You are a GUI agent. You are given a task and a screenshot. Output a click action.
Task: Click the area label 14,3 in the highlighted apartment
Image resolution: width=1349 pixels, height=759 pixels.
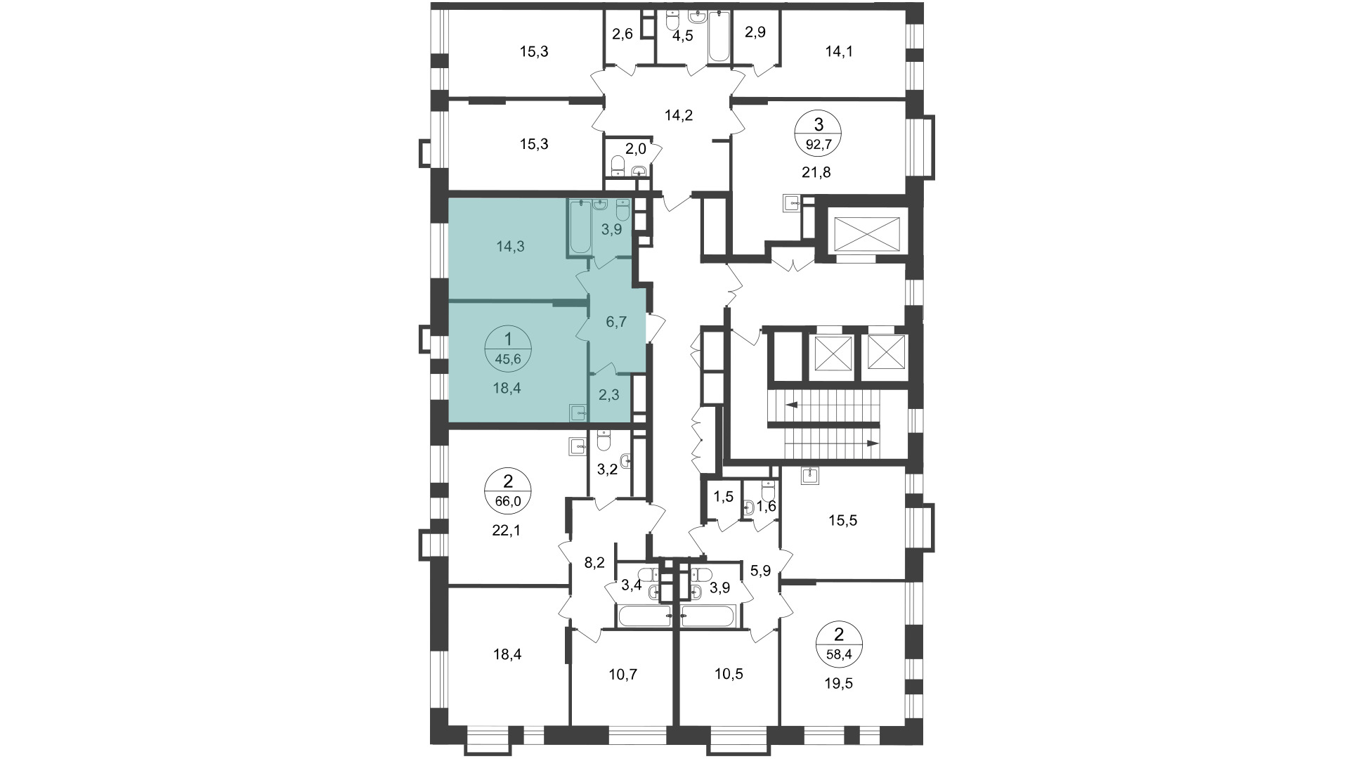[x=511, y=247]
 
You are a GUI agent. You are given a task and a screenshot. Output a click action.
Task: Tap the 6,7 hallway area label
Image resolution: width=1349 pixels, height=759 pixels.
[x=616, y=322]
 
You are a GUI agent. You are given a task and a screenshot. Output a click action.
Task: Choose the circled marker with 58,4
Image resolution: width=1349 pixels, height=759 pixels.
[x=838, y=646]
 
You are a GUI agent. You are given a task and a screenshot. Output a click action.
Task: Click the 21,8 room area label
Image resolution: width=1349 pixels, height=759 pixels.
[x=816, y=172]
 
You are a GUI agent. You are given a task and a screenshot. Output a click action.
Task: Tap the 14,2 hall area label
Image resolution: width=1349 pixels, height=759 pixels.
[x=679, y=116]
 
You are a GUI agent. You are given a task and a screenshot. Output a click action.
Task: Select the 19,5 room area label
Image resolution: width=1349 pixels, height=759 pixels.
[x=838, y=683]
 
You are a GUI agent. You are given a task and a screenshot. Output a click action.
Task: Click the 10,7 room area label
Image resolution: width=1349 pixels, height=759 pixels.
[x=624, y=675]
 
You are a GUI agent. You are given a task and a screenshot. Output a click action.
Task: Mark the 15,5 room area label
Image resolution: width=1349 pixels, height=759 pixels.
[x=842, y=521]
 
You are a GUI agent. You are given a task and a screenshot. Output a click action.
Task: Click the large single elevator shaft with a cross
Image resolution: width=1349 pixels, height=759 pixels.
[x=866, y=233]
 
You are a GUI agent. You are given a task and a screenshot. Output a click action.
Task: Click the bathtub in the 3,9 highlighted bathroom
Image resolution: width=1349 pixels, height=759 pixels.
[x=580, y=226]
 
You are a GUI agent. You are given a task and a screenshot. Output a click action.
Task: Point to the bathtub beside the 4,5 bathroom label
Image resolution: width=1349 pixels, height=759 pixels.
[x=719, y=35]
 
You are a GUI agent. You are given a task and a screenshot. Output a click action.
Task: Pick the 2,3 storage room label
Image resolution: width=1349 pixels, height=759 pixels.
[x=609, y=395]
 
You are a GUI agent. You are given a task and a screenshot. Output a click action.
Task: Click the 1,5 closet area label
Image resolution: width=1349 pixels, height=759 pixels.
[x=724, y=497]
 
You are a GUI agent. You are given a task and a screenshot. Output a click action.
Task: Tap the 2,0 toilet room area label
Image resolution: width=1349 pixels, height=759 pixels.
[x=635, y=149]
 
